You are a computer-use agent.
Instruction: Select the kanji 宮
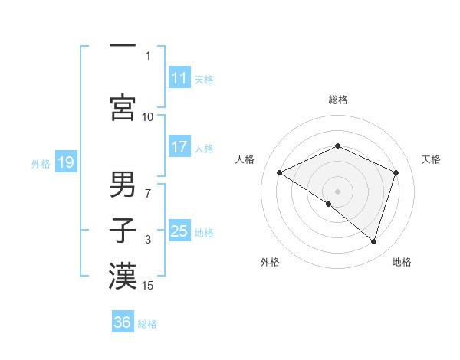pyautogui.click(x=123, y=107)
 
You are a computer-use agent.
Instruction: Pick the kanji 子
pyautogui.click(x=123, y=229)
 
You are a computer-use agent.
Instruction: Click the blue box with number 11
pyautogui.click(x=179, y=78)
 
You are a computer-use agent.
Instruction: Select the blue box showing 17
pyautogui.click(x=179, y=147)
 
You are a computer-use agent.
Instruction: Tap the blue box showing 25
pyautogui.click(x=179, y=231)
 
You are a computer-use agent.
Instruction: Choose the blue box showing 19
pyautogui.click(x=65, y=162)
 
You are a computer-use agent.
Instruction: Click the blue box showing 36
pyautogui.click(x=123, y=322)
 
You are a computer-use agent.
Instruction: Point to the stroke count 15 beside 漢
pyautogui.click(x=148, y=286)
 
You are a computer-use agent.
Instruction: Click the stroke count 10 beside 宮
pyautogui.click(x=148, y=117)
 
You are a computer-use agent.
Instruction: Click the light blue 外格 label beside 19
pyautogui.click(x=41, y=163)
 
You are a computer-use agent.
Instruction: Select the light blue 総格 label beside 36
pyautogui.click(x=147, y=323)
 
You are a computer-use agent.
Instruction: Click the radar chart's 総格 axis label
pyautogui.click(x=337, y=100)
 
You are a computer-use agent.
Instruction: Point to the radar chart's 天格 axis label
pyautogui.click(x=432, y=159)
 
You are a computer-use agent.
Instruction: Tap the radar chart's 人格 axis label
pyautogui.click(x=245, y=159)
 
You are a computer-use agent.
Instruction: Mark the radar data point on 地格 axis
pyautogui.click(x=374, y=242)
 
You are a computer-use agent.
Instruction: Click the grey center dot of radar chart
pyautogui.click(x=337, y=191)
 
